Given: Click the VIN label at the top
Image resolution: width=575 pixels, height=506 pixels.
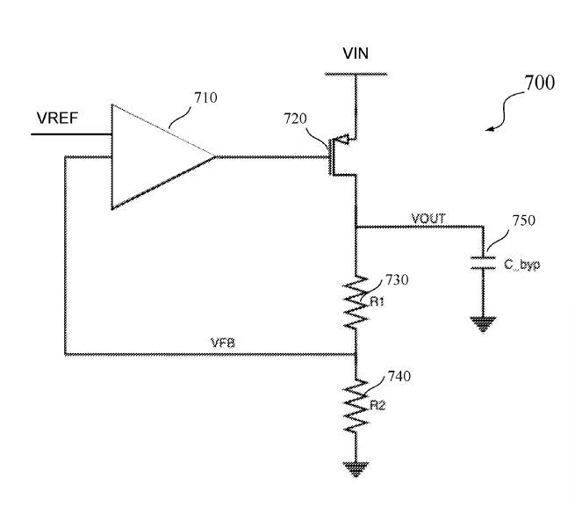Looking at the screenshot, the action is [356, 54].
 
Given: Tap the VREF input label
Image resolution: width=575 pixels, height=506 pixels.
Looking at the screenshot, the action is [58, 118].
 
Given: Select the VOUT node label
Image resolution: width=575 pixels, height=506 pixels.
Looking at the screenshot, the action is [428, 219].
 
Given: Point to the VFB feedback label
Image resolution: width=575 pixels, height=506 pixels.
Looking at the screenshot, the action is [223, 343].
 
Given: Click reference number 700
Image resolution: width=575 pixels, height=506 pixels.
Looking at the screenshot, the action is [540, 83].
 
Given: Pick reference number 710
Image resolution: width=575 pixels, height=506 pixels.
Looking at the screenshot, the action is [205, 98].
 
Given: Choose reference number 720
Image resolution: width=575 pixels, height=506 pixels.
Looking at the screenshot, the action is [295, 119].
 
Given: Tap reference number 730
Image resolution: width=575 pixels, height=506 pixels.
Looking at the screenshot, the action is [397, 280].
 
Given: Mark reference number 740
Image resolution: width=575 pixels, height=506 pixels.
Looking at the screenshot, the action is [399, 377].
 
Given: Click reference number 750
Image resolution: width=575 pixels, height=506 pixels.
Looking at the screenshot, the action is [524, 220].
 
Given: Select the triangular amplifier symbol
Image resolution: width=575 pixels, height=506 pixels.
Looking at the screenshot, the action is [162, 157].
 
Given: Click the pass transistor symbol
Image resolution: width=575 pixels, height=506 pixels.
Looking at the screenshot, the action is [343, 156].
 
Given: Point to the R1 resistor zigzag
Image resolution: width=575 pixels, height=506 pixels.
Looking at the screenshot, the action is [356, 301].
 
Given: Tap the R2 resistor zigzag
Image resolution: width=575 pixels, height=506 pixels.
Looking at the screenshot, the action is [356, 406].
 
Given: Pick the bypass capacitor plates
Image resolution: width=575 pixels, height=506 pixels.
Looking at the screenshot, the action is [483, 263].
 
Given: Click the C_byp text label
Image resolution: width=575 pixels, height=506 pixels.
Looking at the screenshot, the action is [521, 264].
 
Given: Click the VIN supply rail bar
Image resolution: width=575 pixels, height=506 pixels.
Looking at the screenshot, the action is [356, 74].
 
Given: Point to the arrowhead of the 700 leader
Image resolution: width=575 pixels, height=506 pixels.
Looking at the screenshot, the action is [489, 129].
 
